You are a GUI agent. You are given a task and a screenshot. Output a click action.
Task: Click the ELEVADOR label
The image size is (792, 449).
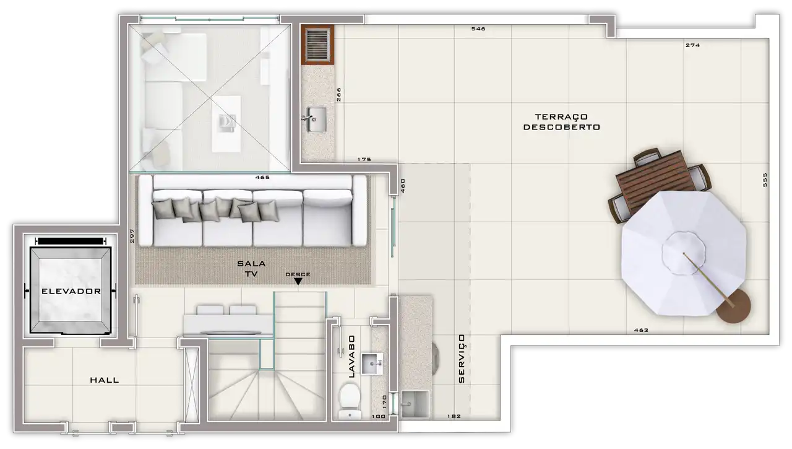click(x=71, y=291)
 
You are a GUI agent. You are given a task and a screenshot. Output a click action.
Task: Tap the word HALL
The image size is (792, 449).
click(x=105, y=380)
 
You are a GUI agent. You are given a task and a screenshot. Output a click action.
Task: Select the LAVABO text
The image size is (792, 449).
click(x=351, y=357)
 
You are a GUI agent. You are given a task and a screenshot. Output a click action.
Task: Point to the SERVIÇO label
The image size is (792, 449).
click(x=462, y=359)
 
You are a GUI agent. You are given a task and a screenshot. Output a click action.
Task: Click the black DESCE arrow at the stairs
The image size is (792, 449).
click(x=298, y=281)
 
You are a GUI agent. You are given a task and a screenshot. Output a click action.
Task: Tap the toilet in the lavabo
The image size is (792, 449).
click(x=350, y=401)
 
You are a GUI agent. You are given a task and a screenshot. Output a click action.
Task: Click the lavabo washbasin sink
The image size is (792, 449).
click(x=372, y=364)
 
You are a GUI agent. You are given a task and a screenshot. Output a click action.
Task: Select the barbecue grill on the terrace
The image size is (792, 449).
click(x=317, y=45)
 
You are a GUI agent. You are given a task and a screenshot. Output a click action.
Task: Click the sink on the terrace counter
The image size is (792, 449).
click(x=315, y=120)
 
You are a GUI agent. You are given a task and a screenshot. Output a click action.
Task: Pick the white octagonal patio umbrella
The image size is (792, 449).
click(x=684, y=253)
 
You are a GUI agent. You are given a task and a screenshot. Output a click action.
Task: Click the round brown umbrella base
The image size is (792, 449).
click(x=734, y=307)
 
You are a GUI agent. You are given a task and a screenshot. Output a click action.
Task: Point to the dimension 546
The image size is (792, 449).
click(x=478, y=29)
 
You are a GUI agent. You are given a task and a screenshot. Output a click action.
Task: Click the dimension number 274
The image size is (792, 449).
click(x=692, y=45)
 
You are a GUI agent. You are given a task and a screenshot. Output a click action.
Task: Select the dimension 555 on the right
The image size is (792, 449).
click(x=765, y=180)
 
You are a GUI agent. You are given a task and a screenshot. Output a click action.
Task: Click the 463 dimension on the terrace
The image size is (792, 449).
click(x=641, y=331)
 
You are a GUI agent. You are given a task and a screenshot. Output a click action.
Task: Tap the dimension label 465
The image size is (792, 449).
click(x=262, y=177)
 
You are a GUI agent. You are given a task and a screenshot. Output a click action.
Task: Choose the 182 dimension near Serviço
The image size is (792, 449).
click(x=454, y=416)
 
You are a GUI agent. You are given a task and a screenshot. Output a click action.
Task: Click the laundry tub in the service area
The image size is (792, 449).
click(x=415, y=404)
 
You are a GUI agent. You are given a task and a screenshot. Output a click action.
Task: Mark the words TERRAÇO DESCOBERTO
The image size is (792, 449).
click(x=561, y=122)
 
